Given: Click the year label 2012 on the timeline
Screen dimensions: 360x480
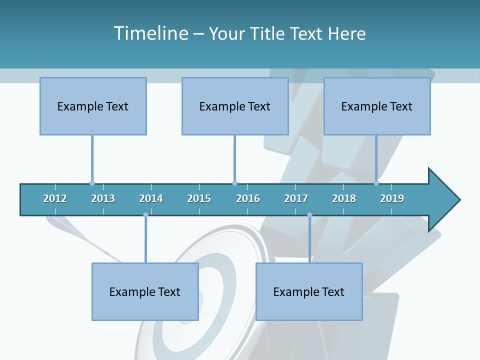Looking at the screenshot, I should click(55, 198).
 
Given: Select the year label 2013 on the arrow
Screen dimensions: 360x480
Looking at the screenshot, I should click(103, 198).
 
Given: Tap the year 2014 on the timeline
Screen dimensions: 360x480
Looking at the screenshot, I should click(151, 198).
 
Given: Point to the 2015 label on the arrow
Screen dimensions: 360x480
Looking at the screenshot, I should click(199, 198).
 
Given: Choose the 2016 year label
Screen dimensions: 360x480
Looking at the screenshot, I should click(248, 198).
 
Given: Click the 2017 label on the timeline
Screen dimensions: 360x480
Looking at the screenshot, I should click(296, 198).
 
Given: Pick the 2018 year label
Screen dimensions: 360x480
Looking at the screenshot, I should click(344, 198).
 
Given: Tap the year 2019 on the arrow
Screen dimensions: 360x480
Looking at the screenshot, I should click(392, 198).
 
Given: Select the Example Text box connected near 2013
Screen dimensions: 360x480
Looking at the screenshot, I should click(93, 106).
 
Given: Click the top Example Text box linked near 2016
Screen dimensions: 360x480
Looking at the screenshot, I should click(235, 106).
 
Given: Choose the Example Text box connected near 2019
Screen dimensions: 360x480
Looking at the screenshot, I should click(377, 106).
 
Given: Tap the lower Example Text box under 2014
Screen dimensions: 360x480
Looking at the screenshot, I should click(145, 291).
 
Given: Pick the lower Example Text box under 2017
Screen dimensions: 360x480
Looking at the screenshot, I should click(309, 291).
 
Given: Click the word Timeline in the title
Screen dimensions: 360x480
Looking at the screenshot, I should click(150, 33).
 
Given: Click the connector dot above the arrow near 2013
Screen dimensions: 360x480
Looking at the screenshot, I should click(92, 183).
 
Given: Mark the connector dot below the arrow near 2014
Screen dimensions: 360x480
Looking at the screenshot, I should click(145, 215).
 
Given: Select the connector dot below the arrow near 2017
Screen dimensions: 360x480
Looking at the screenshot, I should click(309, 215).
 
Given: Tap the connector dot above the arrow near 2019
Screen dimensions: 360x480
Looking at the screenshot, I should click(376, 183).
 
